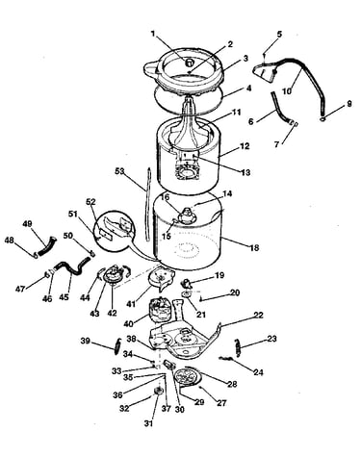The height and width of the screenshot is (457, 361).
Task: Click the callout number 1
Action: [x=153, y=34]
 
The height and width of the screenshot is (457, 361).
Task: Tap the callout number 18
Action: [x=254, y=248]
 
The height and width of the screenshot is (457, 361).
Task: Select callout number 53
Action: [x=119, y=171]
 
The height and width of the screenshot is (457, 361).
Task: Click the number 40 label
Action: [x=128, y=324]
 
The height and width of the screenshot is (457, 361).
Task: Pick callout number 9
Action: [x=349, y=104]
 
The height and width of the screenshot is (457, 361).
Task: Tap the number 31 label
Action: [x=148, y=423]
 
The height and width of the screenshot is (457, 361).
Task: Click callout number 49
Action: [x=27, y=224]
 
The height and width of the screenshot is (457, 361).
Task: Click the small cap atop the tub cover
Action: [x=191, y=61]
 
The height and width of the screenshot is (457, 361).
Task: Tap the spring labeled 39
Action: [x=118, y=345]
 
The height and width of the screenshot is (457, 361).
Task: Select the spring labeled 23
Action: [x=237, y=346]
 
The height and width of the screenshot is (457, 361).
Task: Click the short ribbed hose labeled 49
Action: [x=47, y=246]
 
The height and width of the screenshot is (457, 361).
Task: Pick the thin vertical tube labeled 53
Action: [x=147, y=203]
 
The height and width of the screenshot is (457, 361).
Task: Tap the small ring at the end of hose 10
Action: [x=322, y=119]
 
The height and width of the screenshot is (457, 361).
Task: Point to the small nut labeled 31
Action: [x=159, y=391]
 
